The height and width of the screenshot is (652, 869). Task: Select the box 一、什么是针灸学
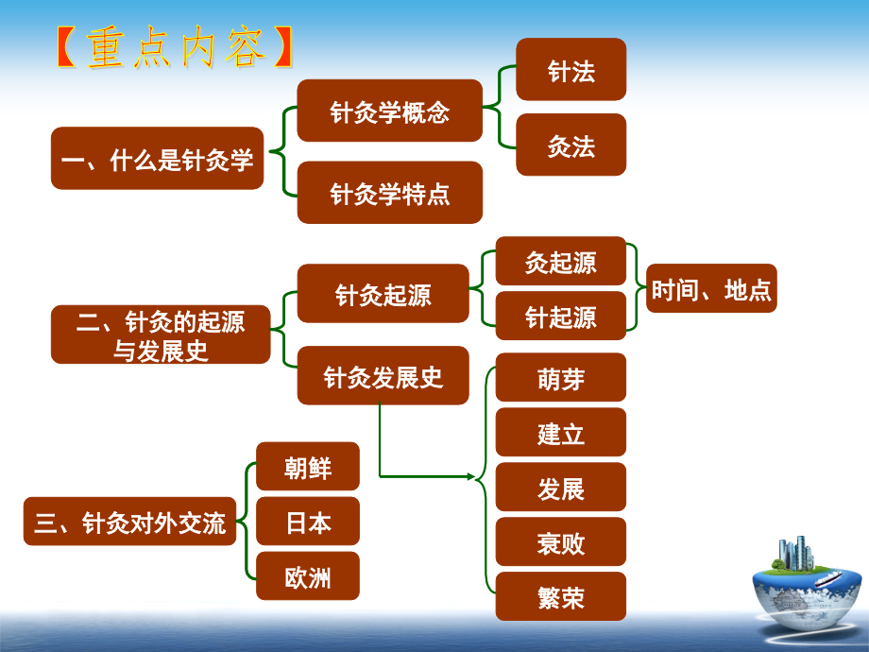157,159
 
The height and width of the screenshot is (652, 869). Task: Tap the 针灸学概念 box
389,112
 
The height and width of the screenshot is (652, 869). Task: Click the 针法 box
571,70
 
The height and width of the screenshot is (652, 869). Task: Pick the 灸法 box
571,145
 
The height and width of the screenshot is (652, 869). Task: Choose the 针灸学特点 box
389,193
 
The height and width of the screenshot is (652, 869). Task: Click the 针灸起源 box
383,294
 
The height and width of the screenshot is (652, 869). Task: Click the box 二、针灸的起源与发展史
161,335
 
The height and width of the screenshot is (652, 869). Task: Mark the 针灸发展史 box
383,376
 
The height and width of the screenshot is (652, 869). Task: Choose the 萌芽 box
561,378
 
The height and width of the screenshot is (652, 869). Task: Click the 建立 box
561,433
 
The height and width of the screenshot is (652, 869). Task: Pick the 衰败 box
561,542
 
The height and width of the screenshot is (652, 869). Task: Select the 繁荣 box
561,597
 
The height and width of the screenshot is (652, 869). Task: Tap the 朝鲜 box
308,467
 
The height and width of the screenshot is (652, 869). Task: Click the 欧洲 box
308,576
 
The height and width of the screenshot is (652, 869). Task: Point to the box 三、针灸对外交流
130,522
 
